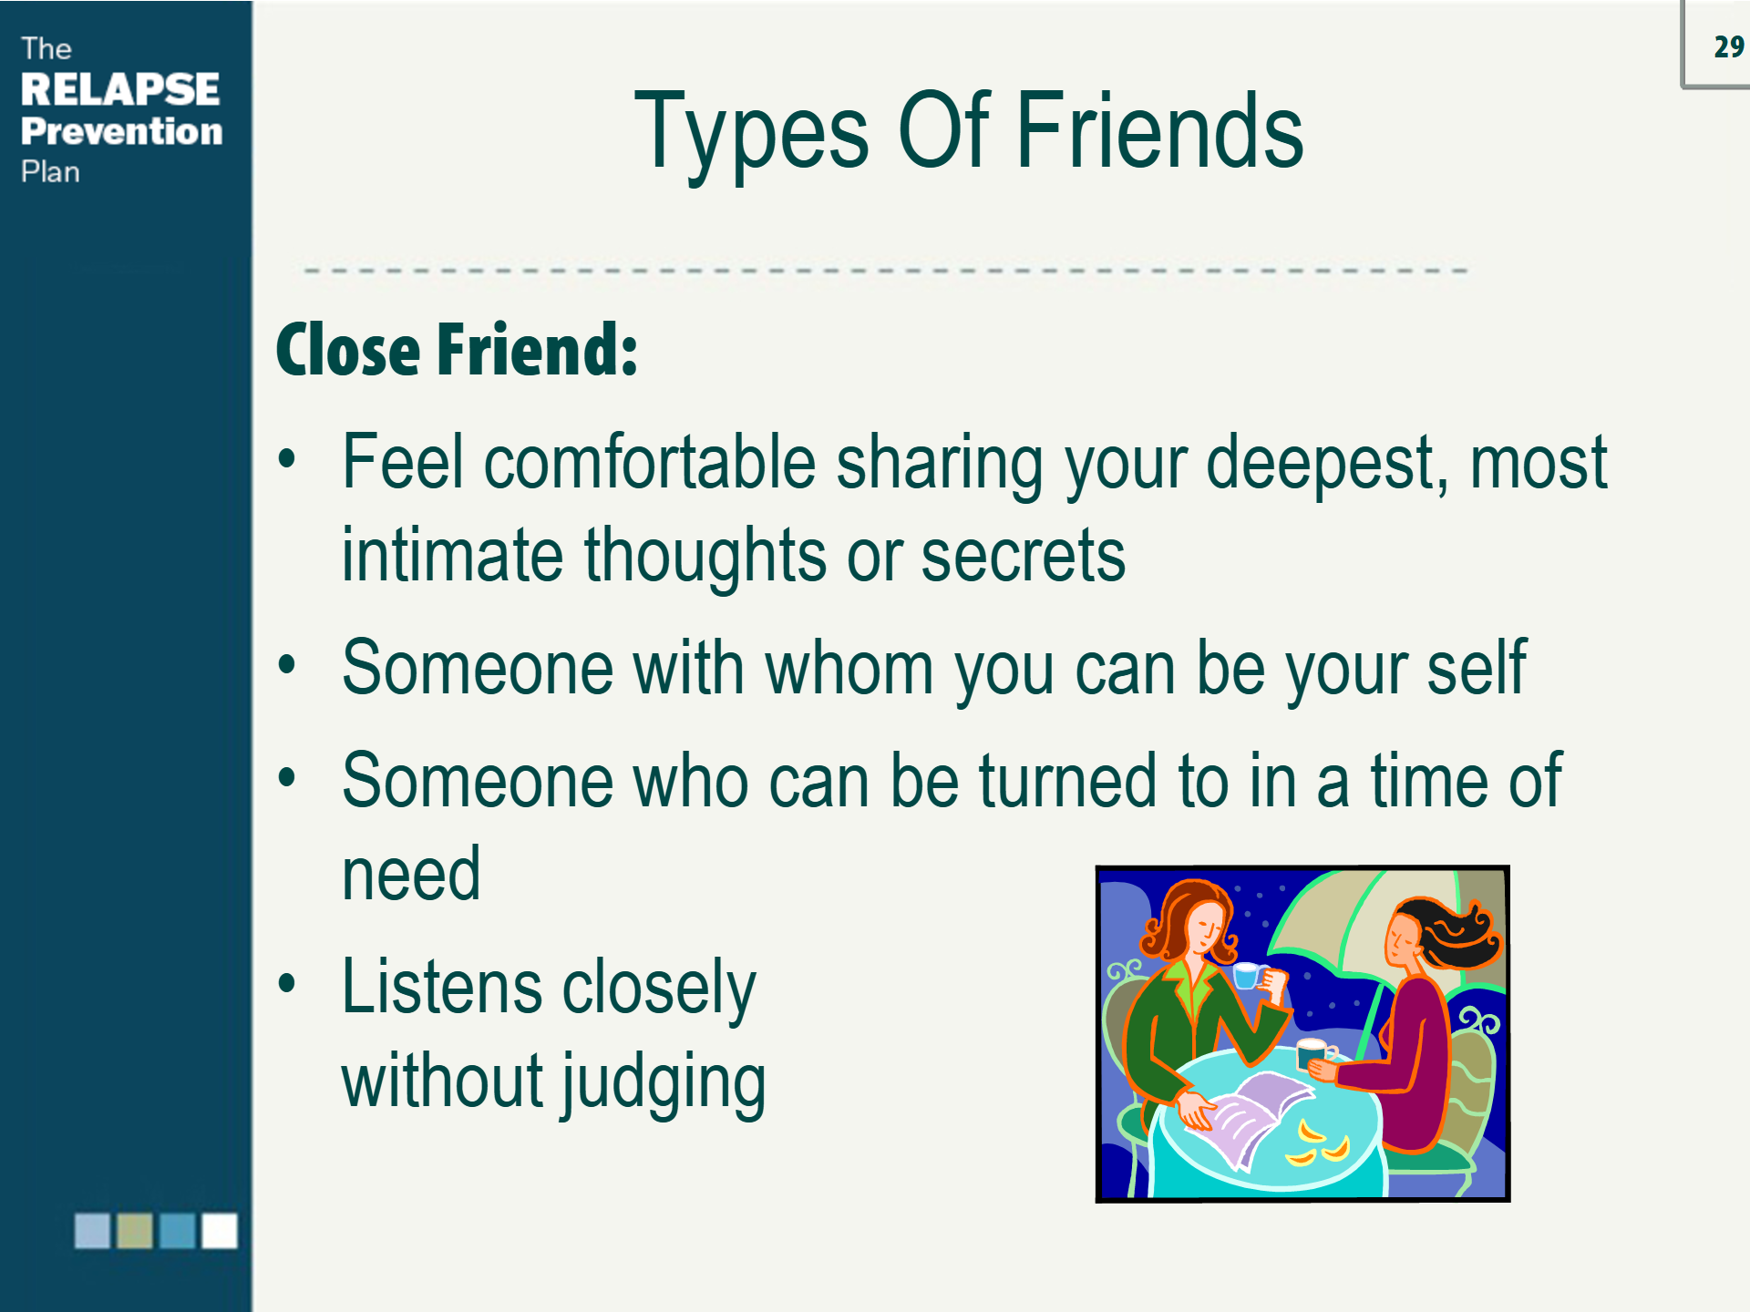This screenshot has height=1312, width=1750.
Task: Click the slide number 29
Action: coord(1728,46)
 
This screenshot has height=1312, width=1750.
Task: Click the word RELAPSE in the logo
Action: coord(119,89)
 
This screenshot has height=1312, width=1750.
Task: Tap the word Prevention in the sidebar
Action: coord(121,131)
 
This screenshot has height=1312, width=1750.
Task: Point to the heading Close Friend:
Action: coord(457,350)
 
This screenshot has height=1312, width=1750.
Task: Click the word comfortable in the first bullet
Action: coord(649,463)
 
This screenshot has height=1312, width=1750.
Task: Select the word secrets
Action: coord(1023,556)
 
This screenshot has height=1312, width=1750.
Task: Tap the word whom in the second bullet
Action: coord(849,669)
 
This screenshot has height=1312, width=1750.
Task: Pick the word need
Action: coord(411,875)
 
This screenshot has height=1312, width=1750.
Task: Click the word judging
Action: coord(664,1082)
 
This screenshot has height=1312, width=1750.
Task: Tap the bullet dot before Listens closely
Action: coord(287,984)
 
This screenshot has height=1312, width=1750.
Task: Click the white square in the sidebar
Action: coord(219,1231)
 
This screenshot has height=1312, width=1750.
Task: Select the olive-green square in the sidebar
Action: coord(135,1231)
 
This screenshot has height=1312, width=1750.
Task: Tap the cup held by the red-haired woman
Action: coord(1247,976)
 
